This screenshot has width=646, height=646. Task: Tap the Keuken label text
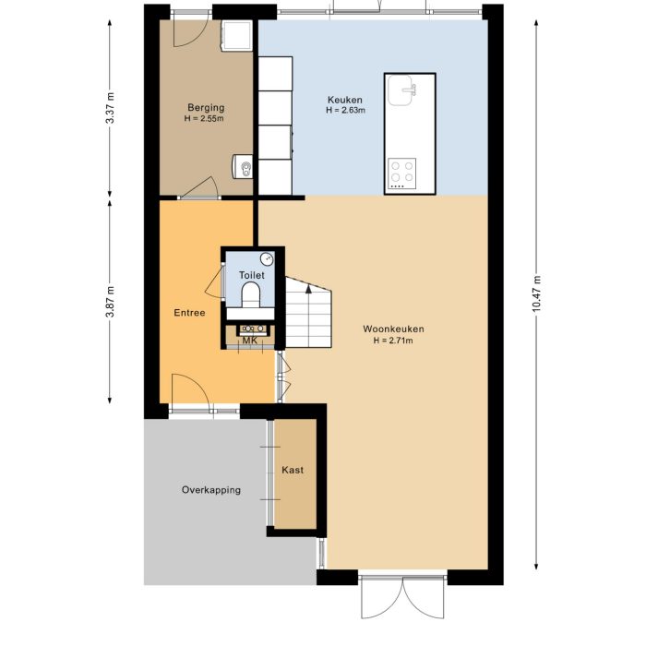click(345, 100)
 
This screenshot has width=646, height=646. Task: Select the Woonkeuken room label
click(393, 329)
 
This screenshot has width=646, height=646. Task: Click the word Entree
click(189, 313)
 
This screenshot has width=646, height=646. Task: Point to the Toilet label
click(252, 275)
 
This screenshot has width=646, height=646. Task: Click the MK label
click(248, 341)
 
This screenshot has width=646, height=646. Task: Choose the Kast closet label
click(293, 470)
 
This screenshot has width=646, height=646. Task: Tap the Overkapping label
click(211, 490)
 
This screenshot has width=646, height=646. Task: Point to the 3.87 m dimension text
click(111, 301)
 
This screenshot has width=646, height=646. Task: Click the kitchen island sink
click(402, 90)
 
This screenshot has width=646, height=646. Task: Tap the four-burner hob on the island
click(401, 173)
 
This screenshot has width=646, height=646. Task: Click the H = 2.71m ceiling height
click(393, 341)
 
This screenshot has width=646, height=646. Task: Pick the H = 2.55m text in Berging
click(205, 119)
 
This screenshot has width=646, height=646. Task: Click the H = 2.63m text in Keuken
click(345, 111)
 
